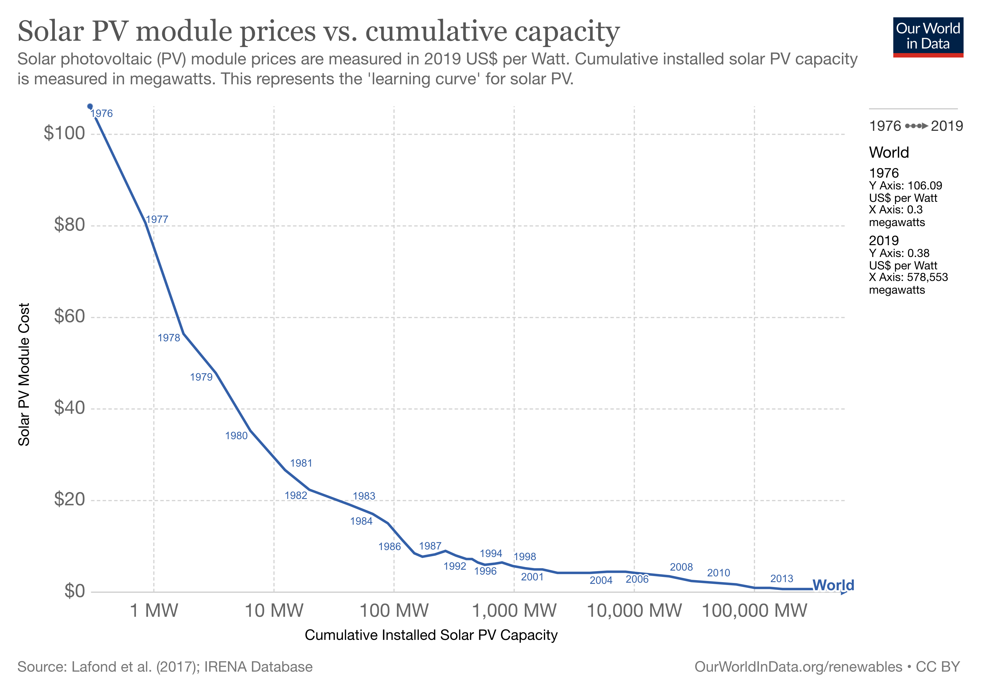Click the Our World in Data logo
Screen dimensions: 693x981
tap(928, 37)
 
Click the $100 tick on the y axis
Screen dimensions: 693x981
tap(64, 133)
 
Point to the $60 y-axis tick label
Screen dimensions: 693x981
tap(69, 316)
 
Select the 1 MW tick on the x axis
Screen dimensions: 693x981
tap(154, 610)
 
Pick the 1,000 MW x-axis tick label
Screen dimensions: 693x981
tap(514, 610)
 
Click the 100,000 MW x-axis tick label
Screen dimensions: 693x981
tap(755, 610)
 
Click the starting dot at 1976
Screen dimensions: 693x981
tap(90, 107)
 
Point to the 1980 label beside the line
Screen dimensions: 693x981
tap(236, 436)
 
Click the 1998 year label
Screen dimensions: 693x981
tap(524, 557)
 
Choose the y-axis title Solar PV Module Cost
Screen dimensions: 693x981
tap(24, 375)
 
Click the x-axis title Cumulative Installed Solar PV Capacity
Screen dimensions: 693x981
tap(431, 635)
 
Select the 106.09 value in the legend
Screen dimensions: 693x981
tap(925, 186)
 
